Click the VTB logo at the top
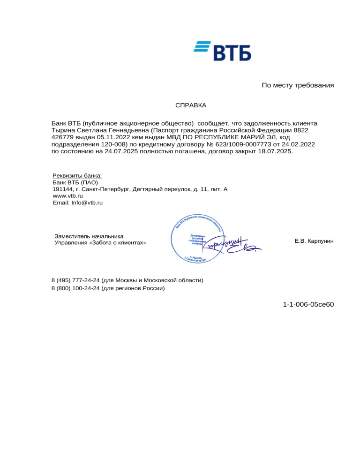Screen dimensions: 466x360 tap(223, 51)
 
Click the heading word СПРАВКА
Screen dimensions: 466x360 tap(191, 106)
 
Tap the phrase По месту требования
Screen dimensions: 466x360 tap(297, 85)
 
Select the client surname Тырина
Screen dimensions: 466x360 tap(62, 130)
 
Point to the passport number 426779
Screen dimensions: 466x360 tap(63, 137)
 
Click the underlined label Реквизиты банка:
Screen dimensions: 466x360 tap(77, 176)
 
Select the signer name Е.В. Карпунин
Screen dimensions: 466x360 tap(314, 241)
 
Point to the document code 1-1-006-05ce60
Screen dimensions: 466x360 tap(308, 305)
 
